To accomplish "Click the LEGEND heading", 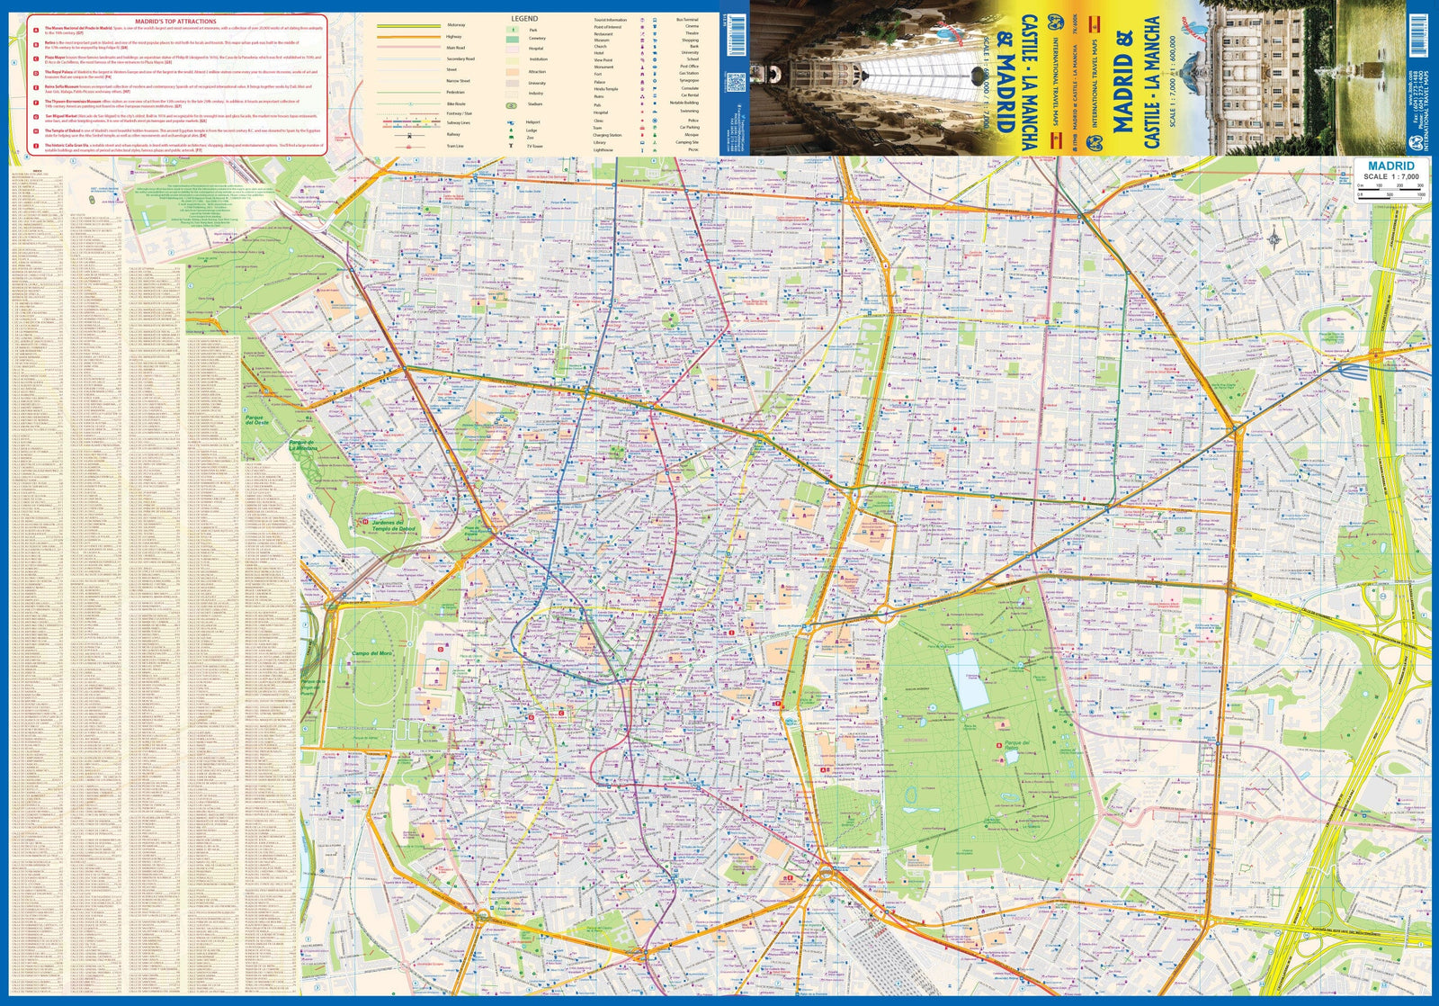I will pos(524,18).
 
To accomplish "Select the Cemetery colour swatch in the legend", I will pos(512,39).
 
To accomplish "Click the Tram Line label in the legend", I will pos(455,145).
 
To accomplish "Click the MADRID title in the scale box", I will pos(1390,166).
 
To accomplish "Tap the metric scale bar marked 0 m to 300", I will pos(1390,186).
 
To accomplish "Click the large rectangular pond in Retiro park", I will pos(966,679).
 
